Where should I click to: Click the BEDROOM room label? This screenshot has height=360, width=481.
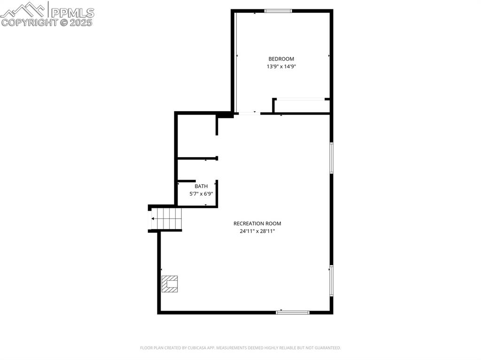coord(281,59)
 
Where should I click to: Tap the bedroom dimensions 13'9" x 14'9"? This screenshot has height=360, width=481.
coord(281,67)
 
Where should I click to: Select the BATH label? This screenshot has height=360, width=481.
coord(201,186)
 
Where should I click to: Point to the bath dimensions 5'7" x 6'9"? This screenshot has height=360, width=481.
coord(201,193)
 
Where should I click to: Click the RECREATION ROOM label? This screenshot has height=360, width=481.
coord(257,223)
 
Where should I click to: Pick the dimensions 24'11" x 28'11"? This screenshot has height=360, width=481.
coord(257,231)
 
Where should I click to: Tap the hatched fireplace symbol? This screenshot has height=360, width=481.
coord(170,284)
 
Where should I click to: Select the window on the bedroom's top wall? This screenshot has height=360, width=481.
coord(278,11)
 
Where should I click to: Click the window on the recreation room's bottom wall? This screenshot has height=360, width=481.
coord(293,312)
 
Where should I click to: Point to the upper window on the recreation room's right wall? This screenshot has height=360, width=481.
coord(331,158)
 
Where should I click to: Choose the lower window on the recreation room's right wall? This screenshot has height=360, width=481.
coord(331,280)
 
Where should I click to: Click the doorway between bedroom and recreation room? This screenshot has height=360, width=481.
coord(249,113)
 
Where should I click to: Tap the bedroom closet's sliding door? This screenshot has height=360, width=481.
coord(301,99)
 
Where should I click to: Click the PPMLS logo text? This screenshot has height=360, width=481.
coord(72,12)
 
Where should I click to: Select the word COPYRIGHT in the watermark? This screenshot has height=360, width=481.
coord(29,22)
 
